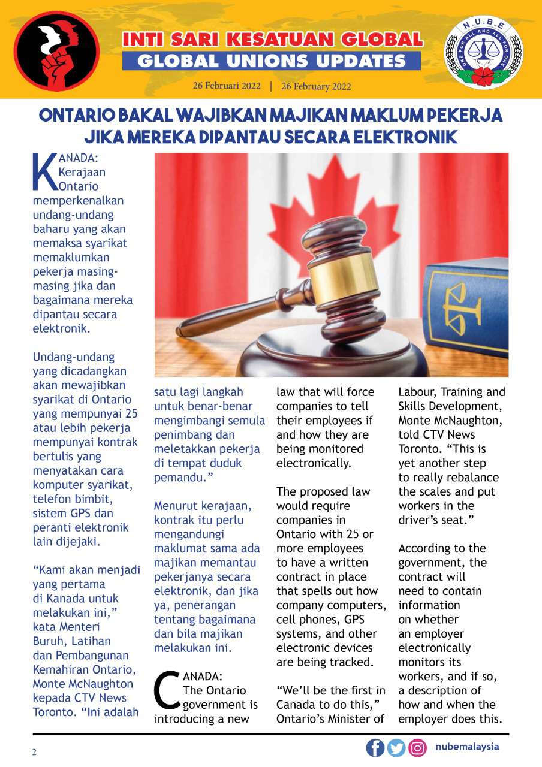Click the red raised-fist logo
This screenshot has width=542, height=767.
57,50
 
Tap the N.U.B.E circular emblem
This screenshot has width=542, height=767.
483,53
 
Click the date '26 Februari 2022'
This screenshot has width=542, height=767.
227,86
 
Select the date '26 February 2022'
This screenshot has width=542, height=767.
316,86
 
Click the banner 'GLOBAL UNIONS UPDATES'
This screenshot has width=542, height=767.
271,61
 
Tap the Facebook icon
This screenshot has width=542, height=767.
375,748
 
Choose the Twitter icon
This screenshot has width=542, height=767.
396,748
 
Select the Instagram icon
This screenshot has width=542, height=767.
417,748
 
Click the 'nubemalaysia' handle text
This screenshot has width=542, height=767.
467,747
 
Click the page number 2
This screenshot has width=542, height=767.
34,753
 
